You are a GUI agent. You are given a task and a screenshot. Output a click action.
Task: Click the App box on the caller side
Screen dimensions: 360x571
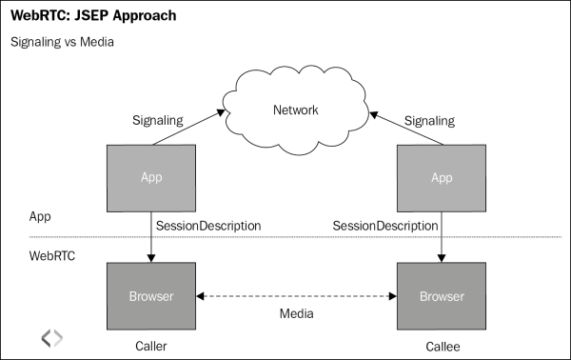pos(151,177)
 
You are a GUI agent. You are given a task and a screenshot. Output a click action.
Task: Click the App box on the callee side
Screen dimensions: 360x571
pos(442,177)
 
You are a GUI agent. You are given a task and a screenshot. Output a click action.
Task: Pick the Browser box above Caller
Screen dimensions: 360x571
pos(151,296)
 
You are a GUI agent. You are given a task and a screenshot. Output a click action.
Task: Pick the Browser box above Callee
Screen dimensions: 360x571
pos(442,296)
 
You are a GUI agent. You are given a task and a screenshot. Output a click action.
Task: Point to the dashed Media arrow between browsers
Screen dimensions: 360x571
pos(295,296)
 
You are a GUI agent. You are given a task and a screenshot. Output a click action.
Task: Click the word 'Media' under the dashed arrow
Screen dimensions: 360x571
pos(295,313)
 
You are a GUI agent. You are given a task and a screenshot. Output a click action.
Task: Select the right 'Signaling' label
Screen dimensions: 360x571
pos(430,120)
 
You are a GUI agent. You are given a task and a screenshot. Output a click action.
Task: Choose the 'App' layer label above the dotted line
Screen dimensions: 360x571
pos(39,217)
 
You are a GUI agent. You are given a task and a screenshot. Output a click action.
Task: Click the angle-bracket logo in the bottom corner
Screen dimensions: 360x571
pos(51,337)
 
